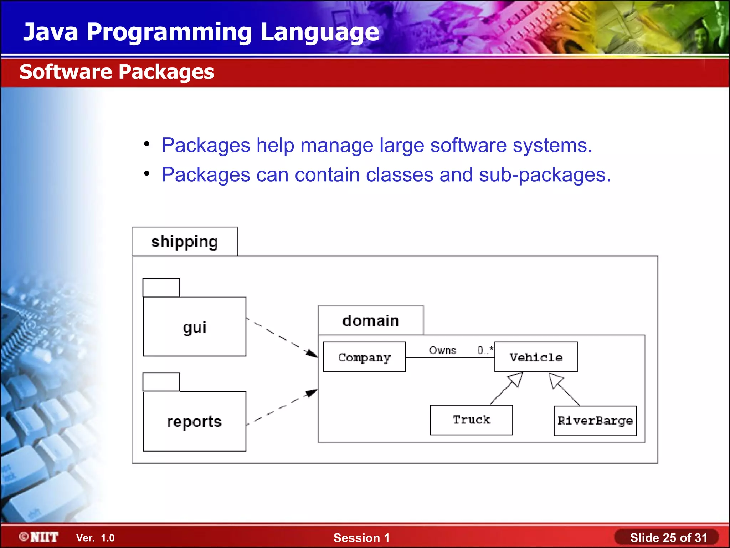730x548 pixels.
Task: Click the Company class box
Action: click(364, 357)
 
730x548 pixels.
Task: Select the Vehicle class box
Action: click(536, 357)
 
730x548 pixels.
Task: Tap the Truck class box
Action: click(471, 420)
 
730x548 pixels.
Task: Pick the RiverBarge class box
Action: click(595, 421)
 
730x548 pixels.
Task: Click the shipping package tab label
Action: click(184, 242)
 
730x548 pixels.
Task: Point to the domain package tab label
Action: click(370, 321)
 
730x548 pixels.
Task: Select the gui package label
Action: click(194, 327)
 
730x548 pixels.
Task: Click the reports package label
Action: click(194, 422)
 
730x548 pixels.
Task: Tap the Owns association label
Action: click(442, 350)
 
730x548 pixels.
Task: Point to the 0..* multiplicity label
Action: click(485, 350)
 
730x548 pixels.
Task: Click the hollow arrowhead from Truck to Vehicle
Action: click(516, 379)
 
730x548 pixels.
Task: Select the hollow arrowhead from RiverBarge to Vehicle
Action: click(555, 380)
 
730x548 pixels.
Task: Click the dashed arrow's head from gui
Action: click(312, 353)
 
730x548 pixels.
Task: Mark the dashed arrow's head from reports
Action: click(312, 393)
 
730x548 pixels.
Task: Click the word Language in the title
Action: click(319, 32)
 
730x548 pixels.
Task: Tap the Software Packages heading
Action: click(117, 72)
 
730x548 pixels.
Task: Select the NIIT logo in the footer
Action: click(39, 537)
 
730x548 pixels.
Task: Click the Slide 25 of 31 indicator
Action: click(668, 538)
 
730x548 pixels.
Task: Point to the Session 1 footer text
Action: click(361, 538)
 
